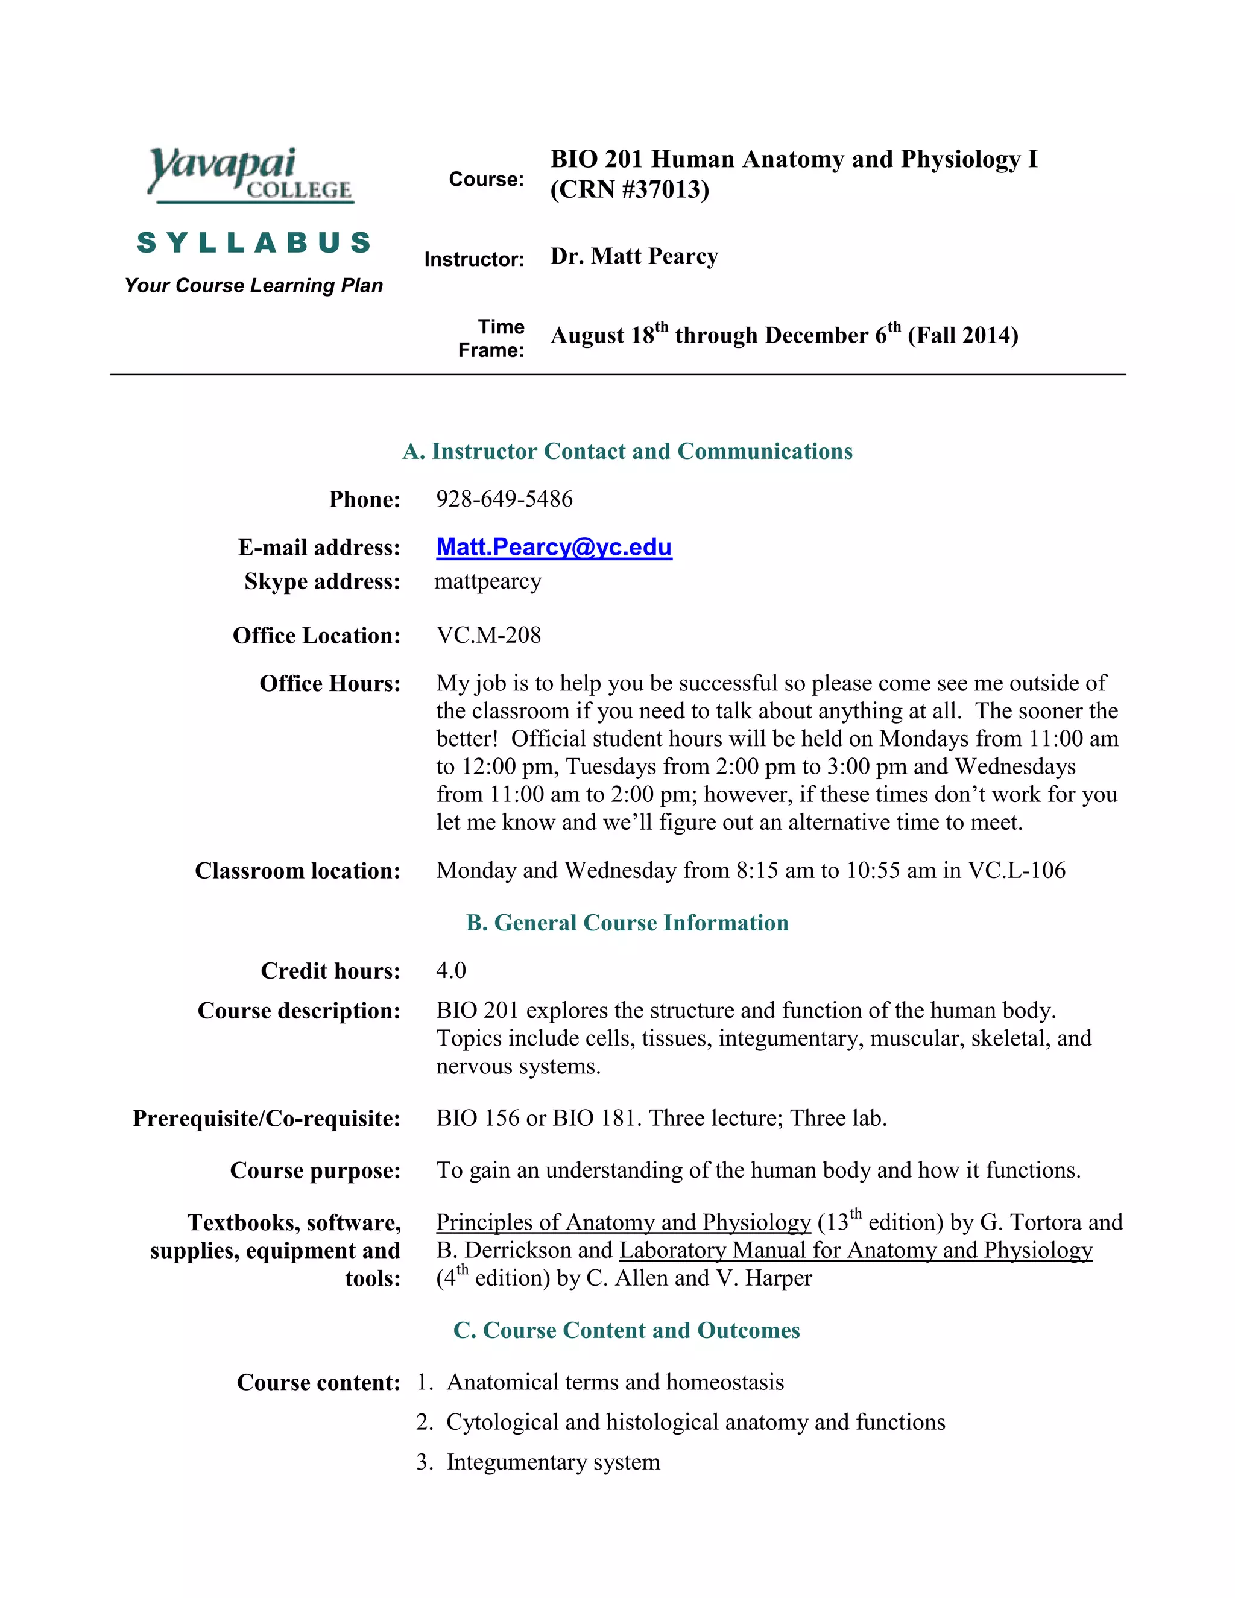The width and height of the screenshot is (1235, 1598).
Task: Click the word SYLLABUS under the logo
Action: pyautogui.click(x=254, y=243)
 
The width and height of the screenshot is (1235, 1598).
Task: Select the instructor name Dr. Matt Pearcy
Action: pyautogui.click(x=634, y=256)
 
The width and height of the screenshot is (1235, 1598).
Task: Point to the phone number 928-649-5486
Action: pyautogui.click(x=504, y=499)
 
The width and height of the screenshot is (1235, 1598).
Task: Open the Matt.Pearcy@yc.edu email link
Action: pyautogui.click(x=554, y=548)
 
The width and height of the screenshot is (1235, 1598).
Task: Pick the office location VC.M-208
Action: pyautogui.click(x=488, y=635)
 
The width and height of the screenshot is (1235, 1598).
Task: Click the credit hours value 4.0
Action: pyautogui.click(x=450, y=970)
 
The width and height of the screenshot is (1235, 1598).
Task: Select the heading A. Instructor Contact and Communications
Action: pyautogui.click(x=627, y=452)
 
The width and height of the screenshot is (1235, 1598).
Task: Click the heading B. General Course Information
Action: pyautogui.click(x=627, y=923)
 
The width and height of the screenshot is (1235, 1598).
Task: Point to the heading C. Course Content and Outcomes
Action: pyautogui.click(x=627, y=1330)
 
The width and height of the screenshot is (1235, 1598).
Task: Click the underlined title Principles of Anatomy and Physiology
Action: pyautogui.click(x=624, y=1223)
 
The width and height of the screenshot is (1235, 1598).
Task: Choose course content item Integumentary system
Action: pyautogui.click(x=553, y=1462)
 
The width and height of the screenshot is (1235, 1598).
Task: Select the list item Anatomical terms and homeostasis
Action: pyautogui.click(x=614, y=1382)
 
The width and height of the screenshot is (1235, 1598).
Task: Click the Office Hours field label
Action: pyautogui.click(x=330, y=683)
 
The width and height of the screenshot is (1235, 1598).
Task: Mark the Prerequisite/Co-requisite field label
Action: pyautogui.click(x=267, y=1119)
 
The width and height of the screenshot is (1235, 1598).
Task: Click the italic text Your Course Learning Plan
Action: pyautogui.click(x=254, y=285)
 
